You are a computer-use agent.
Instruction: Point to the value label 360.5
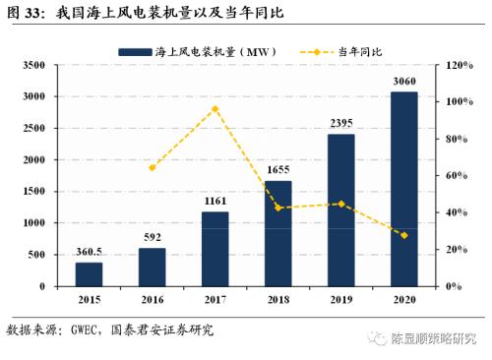90,252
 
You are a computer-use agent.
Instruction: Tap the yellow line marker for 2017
215,108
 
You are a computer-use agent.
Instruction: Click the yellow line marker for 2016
152,168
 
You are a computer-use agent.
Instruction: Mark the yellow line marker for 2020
403,235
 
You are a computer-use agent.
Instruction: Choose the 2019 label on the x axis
340,298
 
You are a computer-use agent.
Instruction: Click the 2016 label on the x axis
152,298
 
